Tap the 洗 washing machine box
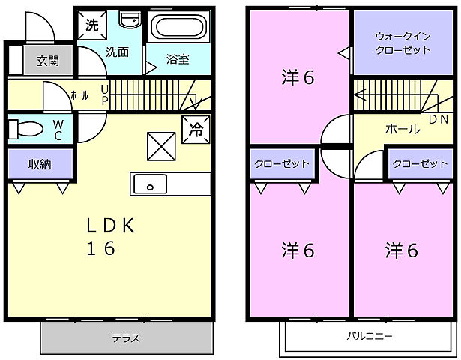tap(92, 25)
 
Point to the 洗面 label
tap(116, 52)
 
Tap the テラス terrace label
tap(125, 338)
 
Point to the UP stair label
tap(104, 94)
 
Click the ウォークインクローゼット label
tap(403, 43)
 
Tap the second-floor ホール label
tap(402, 129)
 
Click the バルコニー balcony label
tap(369, 336)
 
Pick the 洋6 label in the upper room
tap(297, 76)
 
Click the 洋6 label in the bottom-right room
tap(402, 248)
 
